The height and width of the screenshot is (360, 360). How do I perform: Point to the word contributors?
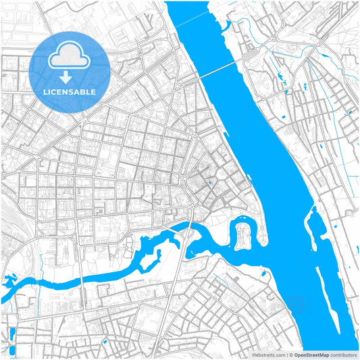pos(343,354)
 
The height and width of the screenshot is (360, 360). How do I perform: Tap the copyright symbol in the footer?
pos(290,354)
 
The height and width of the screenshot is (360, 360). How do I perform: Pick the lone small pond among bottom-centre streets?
pos(104,342)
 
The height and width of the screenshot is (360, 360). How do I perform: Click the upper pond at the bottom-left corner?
pos(12,333)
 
